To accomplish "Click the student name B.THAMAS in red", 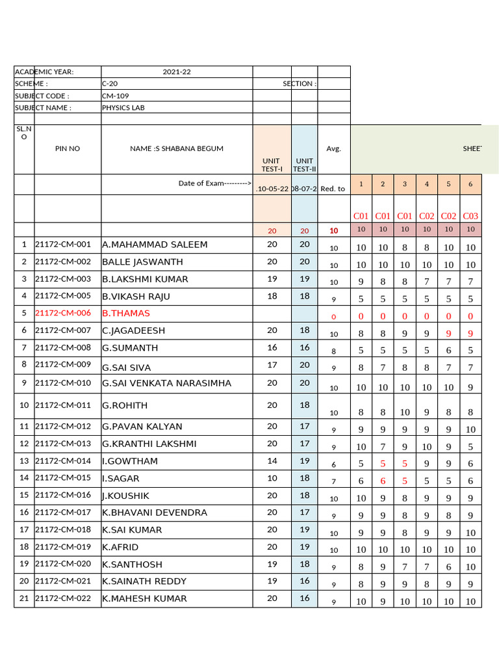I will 126,313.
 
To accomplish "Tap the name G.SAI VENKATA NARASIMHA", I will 166,383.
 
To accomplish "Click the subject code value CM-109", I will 115,96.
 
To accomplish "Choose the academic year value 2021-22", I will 176,72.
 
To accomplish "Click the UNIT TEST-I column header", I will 272,165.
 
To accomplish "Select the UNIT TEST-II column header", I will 304,165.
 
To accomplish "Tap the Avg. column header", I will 334,149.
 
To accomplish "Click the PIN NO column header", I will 68,149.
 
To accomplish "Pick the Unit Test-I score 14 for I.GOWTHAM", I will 272,461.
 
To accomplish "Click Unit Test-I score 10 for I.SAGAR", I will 272,478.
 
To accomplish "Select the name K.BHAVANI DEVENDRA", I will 155,513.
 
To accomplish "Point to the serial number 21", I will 24,598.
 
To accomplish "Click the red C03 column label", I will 470,216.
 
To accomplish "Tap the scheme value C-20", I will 110,84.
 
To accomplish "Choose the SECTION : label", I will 299,84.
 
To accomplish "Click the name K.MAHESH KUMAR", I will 144,598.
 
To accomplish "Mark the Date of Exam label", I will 214,183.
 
